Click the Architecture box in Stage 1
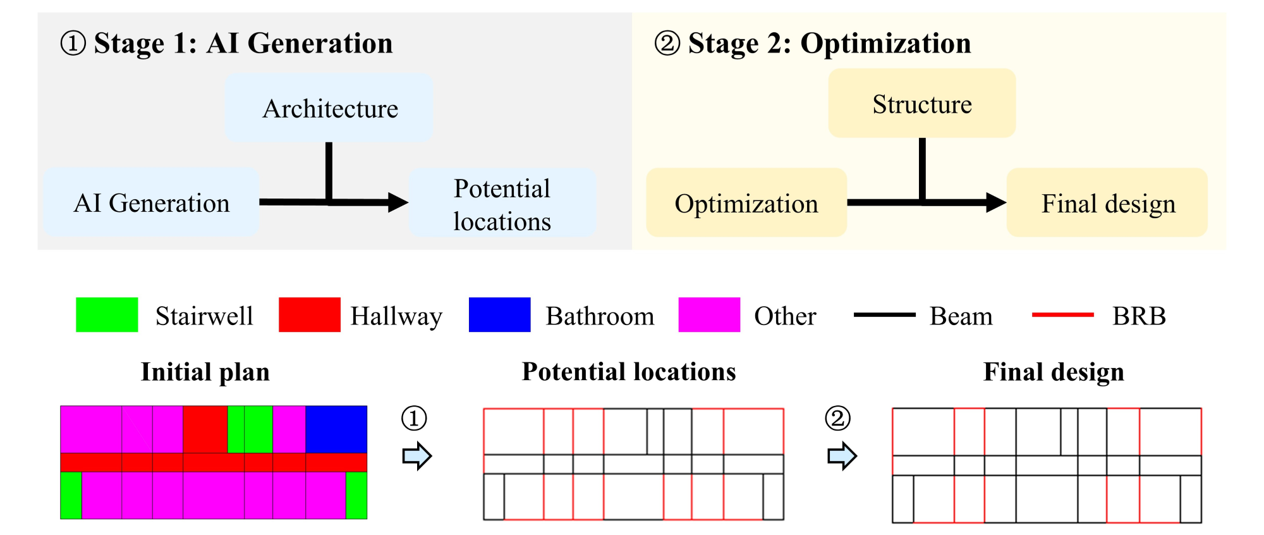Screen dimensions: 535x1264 [329, 108]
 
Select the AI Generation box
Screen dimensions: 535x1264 [151, 203]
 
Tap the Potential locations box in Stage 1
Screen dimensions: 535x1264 [502, 204]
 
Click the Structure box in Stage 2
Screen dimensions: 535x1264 [921, 104]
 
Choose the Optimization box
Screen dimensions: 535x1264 [746, 203]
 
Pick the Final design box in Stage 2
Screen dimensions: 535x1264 [1107, 203]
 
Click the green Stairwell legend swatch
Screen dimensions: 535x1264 [107, 315]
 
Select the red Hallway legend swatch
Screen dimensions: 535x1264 [310, 315]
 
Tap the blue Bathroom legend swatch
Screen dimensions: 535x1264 [499, 315]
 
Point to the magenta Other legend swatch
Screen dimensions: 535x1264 [709, 315]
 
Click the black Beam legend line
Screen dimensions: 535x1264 [884, 314]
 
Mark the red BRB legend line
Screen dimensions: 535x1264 [1062, 314]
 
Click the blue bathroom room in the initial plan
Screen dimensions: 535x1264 [336, 429]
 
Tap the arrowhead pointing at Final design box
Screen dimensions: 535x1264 [996, 202]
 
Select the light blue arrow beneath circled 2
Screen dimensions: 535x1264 [842, 455]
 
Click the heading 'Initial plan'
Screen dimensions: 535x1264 [205, 372]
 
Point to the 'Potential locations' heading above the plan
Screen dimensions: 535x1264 [629, 372]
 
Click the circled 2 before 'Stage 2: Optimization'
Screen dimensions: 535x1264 [667, 44]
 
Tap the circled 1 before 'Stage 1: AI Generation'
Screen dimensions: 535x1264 [73, 44]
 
